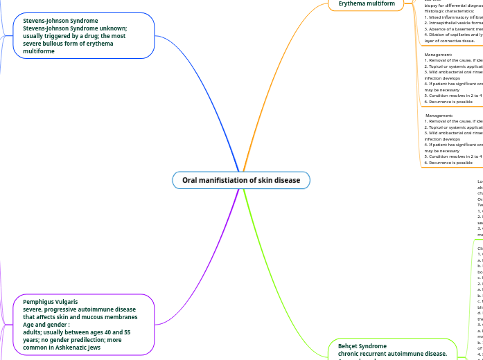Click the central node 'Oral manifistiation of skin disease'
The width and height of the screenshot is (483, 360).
tap(241, 181)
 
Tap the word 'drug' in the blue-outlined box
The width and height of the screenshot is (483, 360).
tap(93, 36)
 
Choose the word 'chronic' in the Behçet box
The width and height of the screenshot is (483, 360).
tap(351, 353)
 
